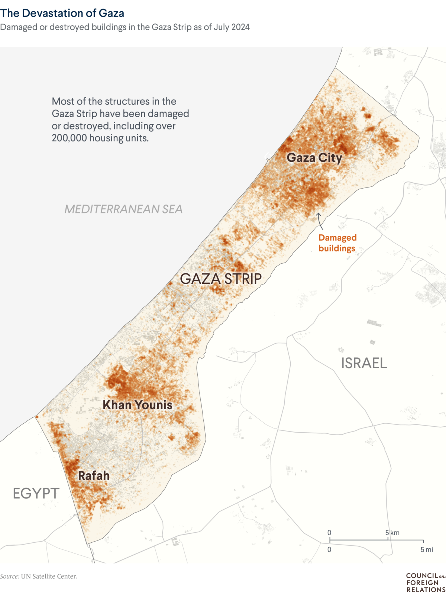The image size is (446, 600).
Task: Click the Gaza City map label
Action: point(314,158)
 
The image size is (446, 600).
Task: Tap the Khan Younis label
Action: point(138,405)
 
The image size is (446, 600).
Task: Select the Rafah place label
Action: point(94,475)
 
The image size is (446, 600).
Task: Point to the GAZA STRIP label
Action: point(221,279)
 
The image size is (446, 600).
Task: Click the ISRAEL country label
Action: point(364,363)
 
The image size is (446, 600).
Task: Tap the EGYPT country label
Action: point(36,494)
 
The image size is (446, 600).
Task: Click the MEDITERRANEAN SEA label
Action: point(123,209)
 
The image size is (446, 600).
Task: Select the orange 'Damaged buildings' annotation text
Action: point(337,243)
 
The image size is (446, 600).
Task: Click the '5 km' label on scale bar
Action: point(392,533)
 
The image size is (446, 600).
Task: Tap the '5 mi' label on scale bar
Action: point(427,549)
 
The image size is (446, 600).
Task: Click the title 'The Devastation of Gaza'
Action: point(62,13)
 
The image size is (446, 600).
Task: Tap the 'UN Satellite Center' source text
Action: point(49,576)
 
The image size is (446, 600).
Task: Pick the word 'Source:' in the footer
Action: point(10,576)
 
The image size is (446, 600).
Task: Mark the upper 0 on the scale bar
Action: point(329,533)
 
